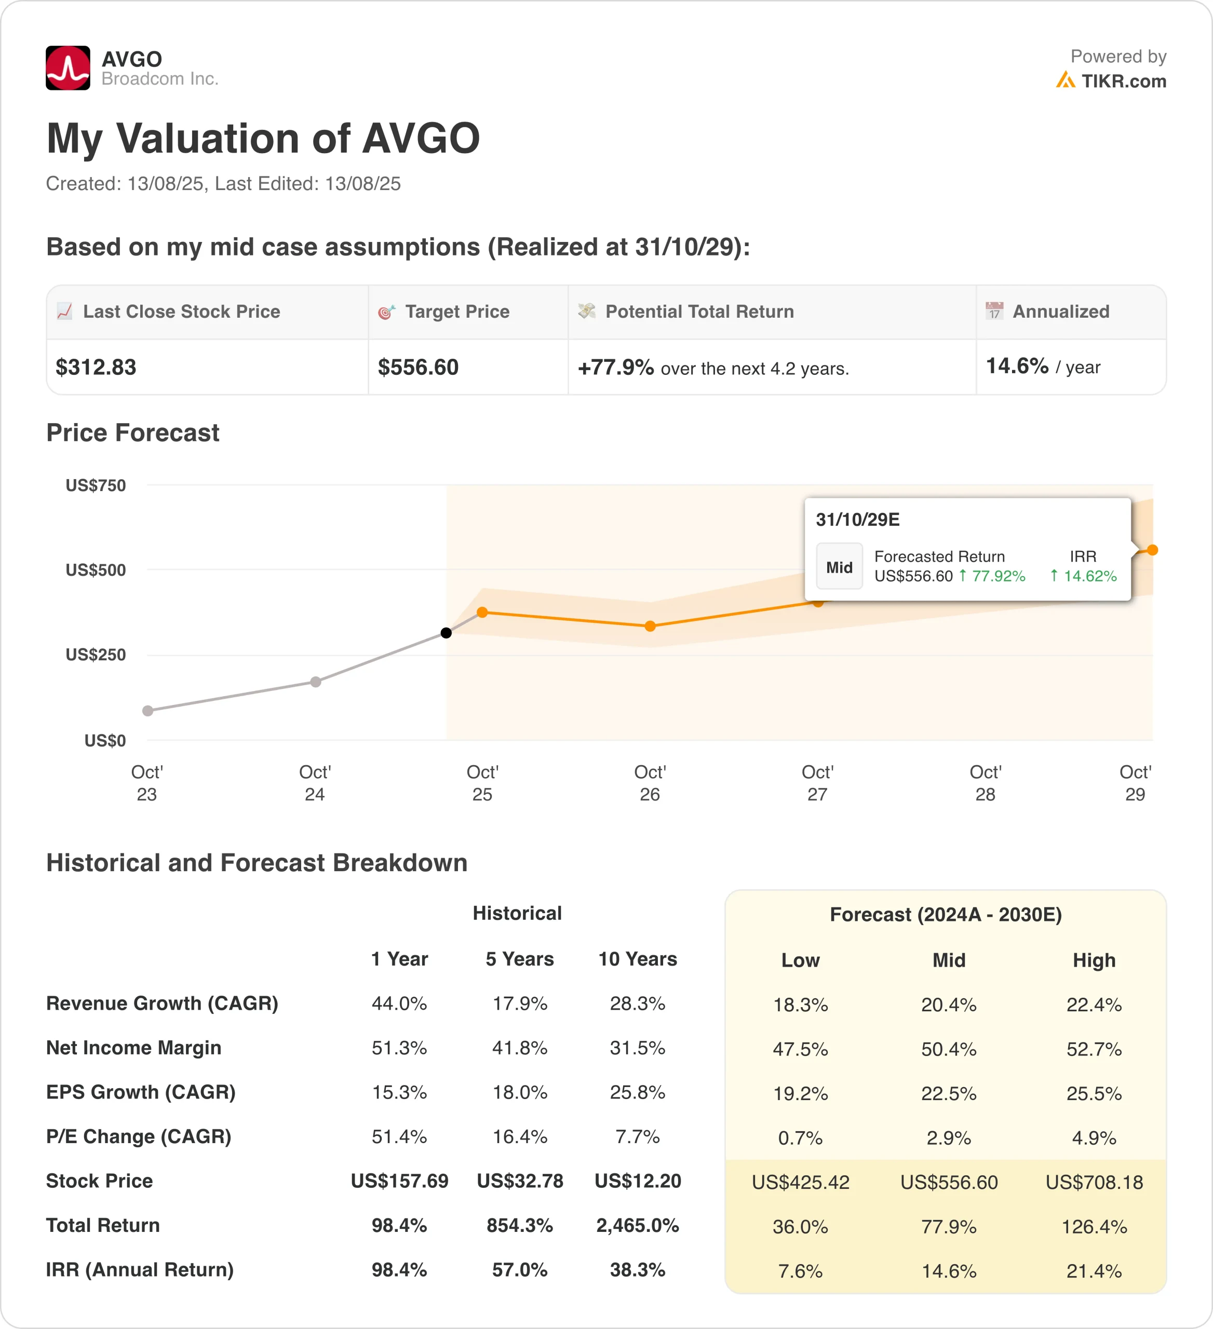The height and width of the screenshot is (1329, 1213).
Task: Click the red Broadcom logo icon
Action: (68, 68)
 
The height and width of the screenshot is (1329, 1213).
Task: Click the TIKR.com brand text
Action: (1123, 81)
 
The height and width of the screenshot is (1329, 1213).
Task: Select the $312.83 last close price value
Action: (96, 367)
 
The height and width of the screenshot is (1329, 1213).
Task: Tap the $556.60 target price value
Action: (418, 367)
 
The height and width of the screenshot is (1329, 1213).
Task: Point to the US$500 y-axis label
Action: (96, 570)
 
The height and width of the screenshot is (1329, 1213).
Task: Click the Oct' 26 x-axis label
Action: (650, 783)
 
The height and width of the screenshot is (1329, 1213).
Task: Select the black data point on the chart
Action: (446, 633)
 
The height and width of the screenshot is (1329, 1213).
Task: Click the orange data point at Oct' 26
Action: (650, 626)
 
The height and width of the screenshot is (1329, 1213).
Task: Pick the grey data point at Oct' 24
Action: (316, 682)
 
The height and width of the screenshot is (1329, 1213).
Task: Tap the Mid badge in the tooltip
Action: (839, 567)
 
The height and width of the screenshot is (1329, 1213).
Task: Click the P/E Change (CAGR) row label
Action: (139, 1136)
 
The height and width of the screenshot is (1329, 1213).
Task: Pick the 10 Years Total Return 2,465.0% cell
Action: (638, 1226)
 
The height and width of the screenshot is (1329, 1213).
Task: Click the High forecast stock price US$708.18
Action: (1094, 1183)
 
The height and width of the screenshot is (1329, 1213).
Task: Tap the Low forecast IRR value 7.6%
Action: (800, 1271)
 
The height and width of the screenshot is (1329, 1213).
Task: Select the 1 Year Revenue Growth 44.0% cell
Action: (399, 1003)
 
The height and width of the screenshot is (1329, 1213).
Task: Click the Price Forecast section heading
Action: (132, 433)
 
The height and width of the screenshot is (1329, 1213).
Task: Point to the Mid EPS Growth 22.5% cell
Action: (949, 1094)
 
